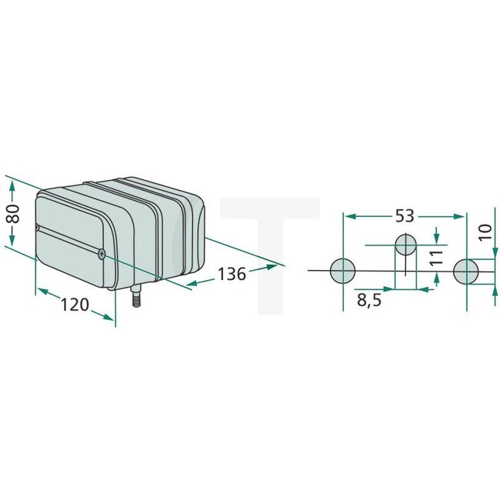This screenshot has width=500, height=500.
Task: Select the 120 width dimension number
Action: pos(75,305)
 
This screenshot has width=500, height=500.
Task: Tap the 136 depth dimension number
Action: pos(231,274)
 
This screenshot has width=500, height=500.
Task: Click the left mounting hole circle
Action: pos(343,271)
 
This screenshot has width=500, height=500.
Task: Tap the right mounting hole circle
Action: pos(466,271)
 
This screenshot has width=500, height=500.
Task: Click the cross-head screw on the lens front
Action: pos(102,252)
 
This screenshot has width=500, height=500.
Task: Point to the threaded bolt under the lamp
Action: pos(137,295)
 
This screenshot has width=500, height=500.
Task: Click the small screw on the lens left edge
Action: pos(37,227)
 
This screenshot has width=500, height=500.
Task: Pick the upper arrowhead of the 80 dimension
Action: pos(12,182)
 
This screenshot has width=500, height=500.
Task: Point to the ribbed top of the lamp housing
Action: pos(146,185)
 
